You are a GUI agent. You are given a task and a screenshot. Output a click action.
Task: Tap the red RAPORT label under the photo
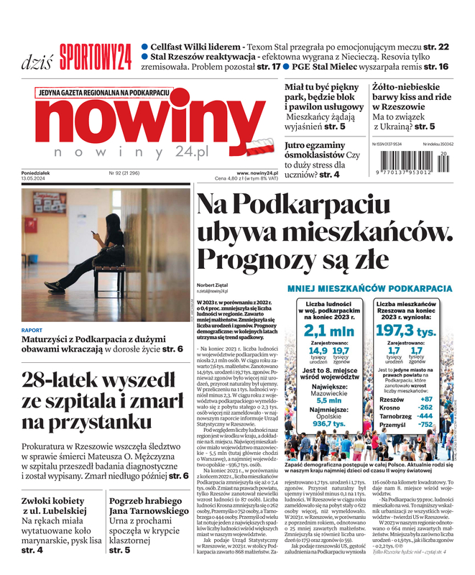(32, 331)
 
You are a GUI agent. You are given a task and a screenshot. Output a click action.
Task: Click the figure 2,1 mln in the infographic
(328, 331)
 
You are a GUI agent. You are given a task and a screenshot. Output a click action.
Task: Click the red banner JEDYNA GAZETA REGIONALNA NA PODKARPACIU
(105, 93)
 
